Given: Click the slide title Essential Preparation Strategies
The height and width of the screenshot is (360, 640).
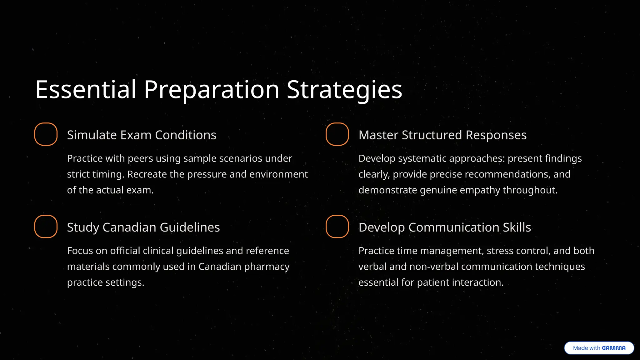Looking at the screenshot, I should point(219,90).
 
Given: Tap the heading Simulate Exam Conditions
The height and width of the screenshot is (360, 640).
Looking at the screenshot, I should point(142,135).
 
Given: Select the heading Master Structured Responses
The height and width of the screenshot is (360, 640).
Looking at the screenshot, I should point(442,135).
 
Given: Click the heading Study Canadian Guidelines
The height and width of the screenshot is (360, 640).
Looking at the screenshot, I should point(143,227).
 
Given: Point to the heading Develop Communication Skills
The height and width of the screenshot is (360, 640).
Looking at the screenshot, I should point(445,227).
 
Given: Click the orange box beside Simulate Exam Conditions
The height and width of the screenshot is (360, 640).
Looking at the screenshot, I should point(46,134).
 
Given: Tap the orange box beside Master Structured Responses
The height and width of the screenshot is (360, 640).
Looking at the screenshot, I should point(337,134).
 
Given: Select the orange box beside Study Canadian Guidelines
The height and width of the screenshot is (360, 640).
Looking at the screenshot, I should point(46,226).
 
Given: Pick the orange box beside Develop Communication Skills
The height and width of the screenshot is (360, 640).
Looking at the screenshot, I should point(337,226).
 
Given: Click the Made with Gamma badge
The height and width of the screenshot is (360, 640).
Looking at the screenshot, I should point(599,348).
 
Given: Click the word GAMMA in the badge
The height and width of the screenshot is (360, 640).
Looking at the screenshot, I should point(613,348).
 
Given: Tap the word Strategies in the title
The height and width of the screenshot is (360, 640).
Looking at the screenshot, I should point(344,90).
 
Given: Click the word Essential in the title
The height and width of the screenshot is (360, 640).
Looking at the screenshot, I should point(86,90).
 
